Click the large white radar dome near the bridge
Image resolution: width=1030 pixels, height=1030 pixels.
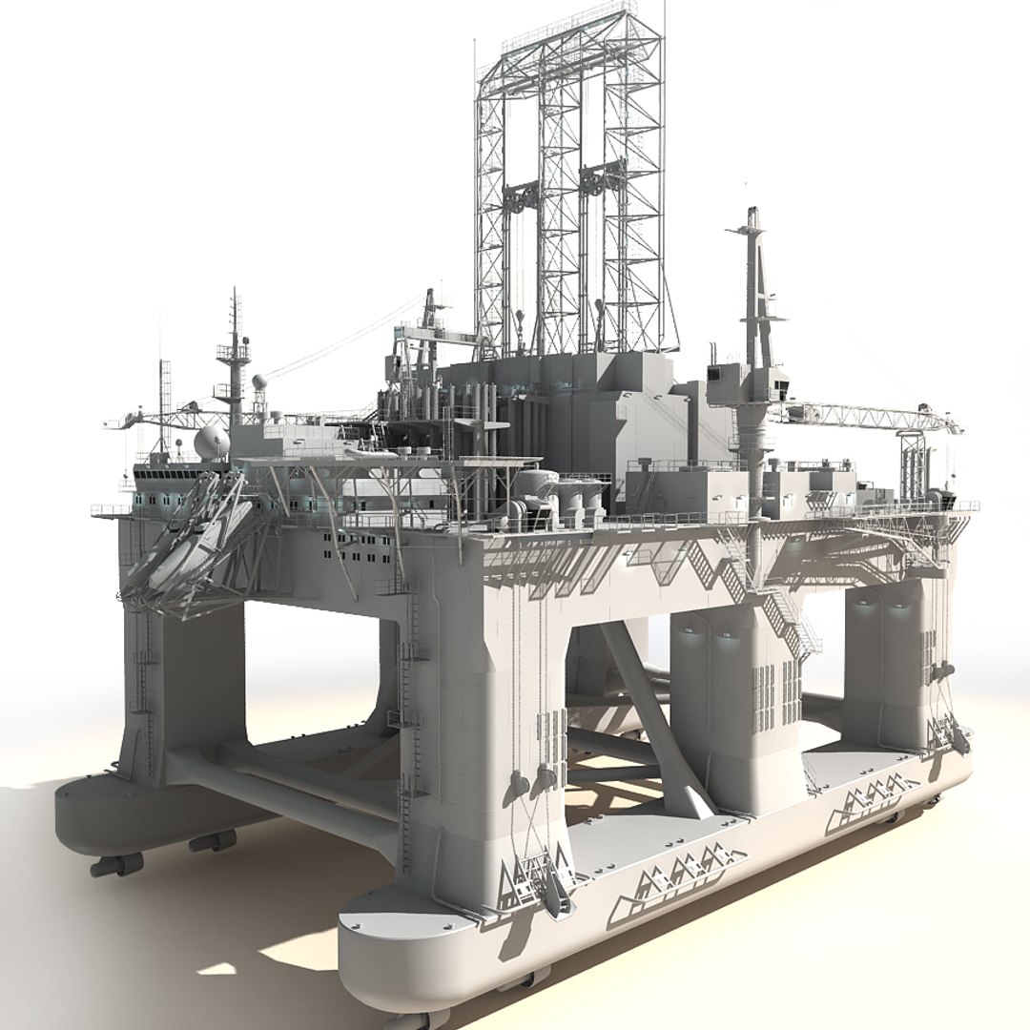(x=211, y=443)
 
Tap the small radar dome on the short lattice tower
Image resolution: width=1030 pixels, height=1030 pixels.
(x=259, y=381)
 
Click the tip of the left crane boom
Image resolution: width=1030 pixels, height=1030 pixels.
(x=114, y=424)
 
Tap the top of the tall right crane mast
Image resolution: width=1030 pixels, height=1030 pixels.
(x=753, y=216)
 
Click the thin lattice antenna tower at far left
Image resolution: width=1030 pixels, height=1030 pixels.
(x=164, y=401)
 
